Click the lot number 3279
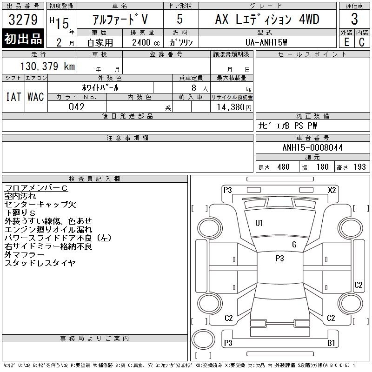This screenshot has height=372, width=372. pyautogui.click(x=23, y=20)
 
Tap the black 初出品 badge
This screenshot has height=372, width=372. pyautogui.click(x=23, y=39)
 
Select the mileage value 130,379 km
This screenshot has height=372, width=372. pyautogui.click(x=47, y=66)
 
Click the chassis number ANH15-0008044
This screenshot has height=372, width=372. pyautogui.click(x=312, y=147)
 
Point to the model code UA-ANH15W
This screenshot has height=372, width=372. pyautogui.click(x=266, y=42)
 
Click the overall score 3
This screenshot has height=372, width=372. pyautogui.click(x=354, y=19)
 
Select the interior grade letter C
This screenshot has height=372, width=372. pyautogui.click(x=362, y=42)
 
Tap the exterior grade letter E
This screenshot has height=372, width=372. pyautogui.click(x=346, y=42)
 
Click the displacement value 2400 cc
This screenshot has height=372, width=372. pyautogui.click(x=146, y=42)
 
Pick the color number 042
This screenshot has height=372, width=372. pyautogui.click(x=77, y=107)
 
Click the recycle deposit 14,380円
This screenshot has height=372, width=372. pyautogui.click(x=234, y=107)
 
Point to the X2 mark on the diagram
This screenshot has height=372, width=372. pyautogui.click(x=332, y=190)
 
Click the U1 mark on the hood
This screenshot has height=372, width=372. pyautogui.click(x=259, y=223)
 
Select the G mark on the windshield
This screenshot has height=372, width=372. pyautogui.click(x=294, y=245)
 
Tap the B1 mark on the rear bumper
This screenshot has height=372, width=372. pyautogui.click(x=331, y=343)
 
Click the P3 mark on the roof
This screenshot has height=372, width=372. pyautogui.click(x=280, y=258)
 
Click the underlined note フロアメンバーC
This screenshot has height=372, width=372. pyautogui.click(x=36, y=188)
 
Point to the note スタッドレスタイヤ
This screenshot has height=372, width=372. pyautogui.click(x=40, y=263)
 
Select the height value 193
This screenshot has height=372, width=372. pyautogui.click(x=359, y=167)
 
